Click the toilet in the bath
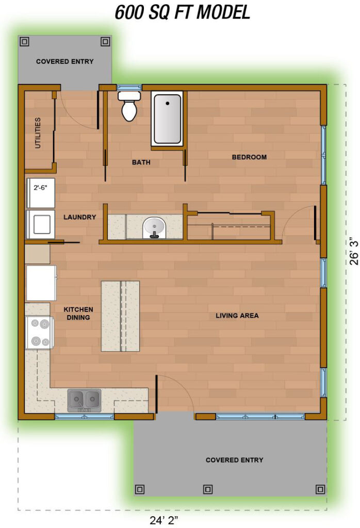[129, 106]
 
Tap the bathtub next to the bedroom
[167, 119]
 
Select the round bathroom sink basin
[154, 226]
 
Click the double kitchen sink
[85, 400]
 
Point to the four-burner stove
[39, 333]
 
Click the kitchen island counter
[120, 316]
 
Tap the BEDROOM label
[249, 157]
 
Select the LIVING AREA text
[237, 316]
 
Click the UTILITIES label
[38, 133]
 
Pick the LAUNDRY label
[79, 217]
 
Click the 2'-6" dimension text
[40, 187]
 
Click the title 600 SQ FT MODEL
[183, 13]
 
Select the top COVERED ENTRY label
[65, 61]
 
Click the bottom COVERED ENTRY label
[234, 460]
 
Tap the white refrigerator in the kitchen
[41, 283]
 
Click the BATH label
[141, 162]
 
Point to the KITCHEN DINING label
[78, 313]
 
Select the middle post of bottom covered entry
[208, 489]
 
